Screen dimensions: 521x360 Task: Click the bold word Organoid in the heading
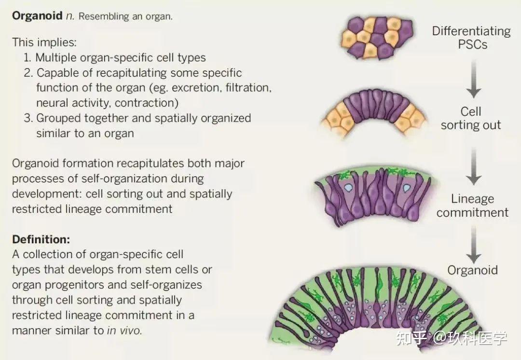click(37, 16)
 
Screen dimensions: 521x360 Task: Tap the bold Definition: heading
click(41, 239)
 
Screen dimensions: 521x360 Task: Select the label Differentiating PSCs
click(471, 38)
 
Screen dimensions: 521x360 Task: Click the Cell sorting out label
click(470, 118)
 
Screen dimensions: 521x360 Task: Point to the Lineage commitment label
click(472, 206)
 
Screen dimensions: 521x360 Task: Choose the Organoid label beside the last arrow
click(472, 270)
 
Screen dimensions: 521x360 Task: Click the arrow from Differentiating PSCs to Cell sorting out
click(474, 79)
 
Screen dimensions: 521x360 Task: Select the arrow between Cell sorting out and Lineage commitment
click(474, 166)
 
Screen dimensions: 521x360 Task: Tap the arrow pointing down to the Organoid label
click(474, 245)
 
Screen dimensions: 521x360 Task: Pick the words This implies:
click(44, 42)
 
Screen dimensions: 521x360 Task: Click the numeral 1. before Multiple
click(27, 57)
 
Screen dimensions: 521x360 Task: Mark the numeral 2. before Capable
click(28, 73)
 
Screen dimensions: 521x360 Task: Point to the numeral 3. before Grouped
click(28, 118)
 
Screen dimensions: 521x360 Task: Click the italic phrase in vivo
click(124, 331)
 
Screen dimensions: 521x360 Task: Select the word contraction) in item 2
click(147, 103)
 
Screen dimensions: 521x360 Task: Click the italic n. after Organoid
click(70, 16)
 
